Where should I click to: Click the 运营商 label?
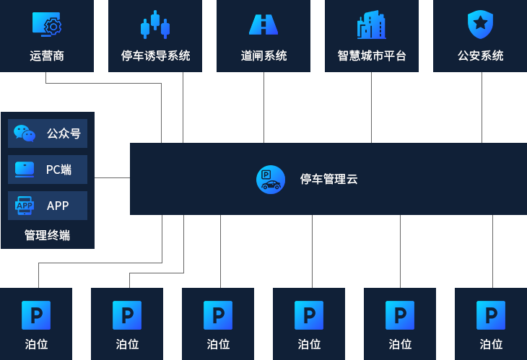click(47, 56)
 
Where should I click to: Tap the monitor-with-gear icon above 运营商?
click(47, 25)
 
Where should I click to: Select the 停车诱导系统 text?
click(155, 56)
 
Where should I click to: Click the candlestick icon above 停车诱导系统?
click(155, 25)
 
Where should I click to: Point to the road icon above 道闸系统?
click(263, 25)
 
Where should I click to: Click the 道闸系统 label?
click(263, 56)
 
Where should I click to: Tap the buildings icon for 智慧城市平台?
click(372, 25)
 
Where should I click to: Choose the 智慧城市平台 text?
click(372, 56)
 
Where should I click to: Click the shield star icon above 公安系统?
click(480, 24)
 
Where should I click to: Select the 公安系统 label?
click(480, 56)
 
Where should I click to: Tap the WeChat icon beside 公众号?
click(25, 133)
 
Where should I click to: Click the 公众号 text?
click(63, 133)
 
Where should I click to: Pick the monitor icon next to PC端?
click(25, 170)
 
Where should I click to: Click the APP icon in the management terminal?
click(25, 206)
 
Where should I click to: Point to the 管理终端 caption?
click(47, 235)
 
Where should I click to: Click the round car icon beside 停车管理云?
click(271, 179)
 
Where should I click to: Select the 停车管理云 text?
click(328, 179)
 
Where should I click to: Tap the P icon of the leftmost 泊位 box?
click(36, 315)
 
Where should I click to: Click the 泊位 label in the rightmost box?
click(491, 344)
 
